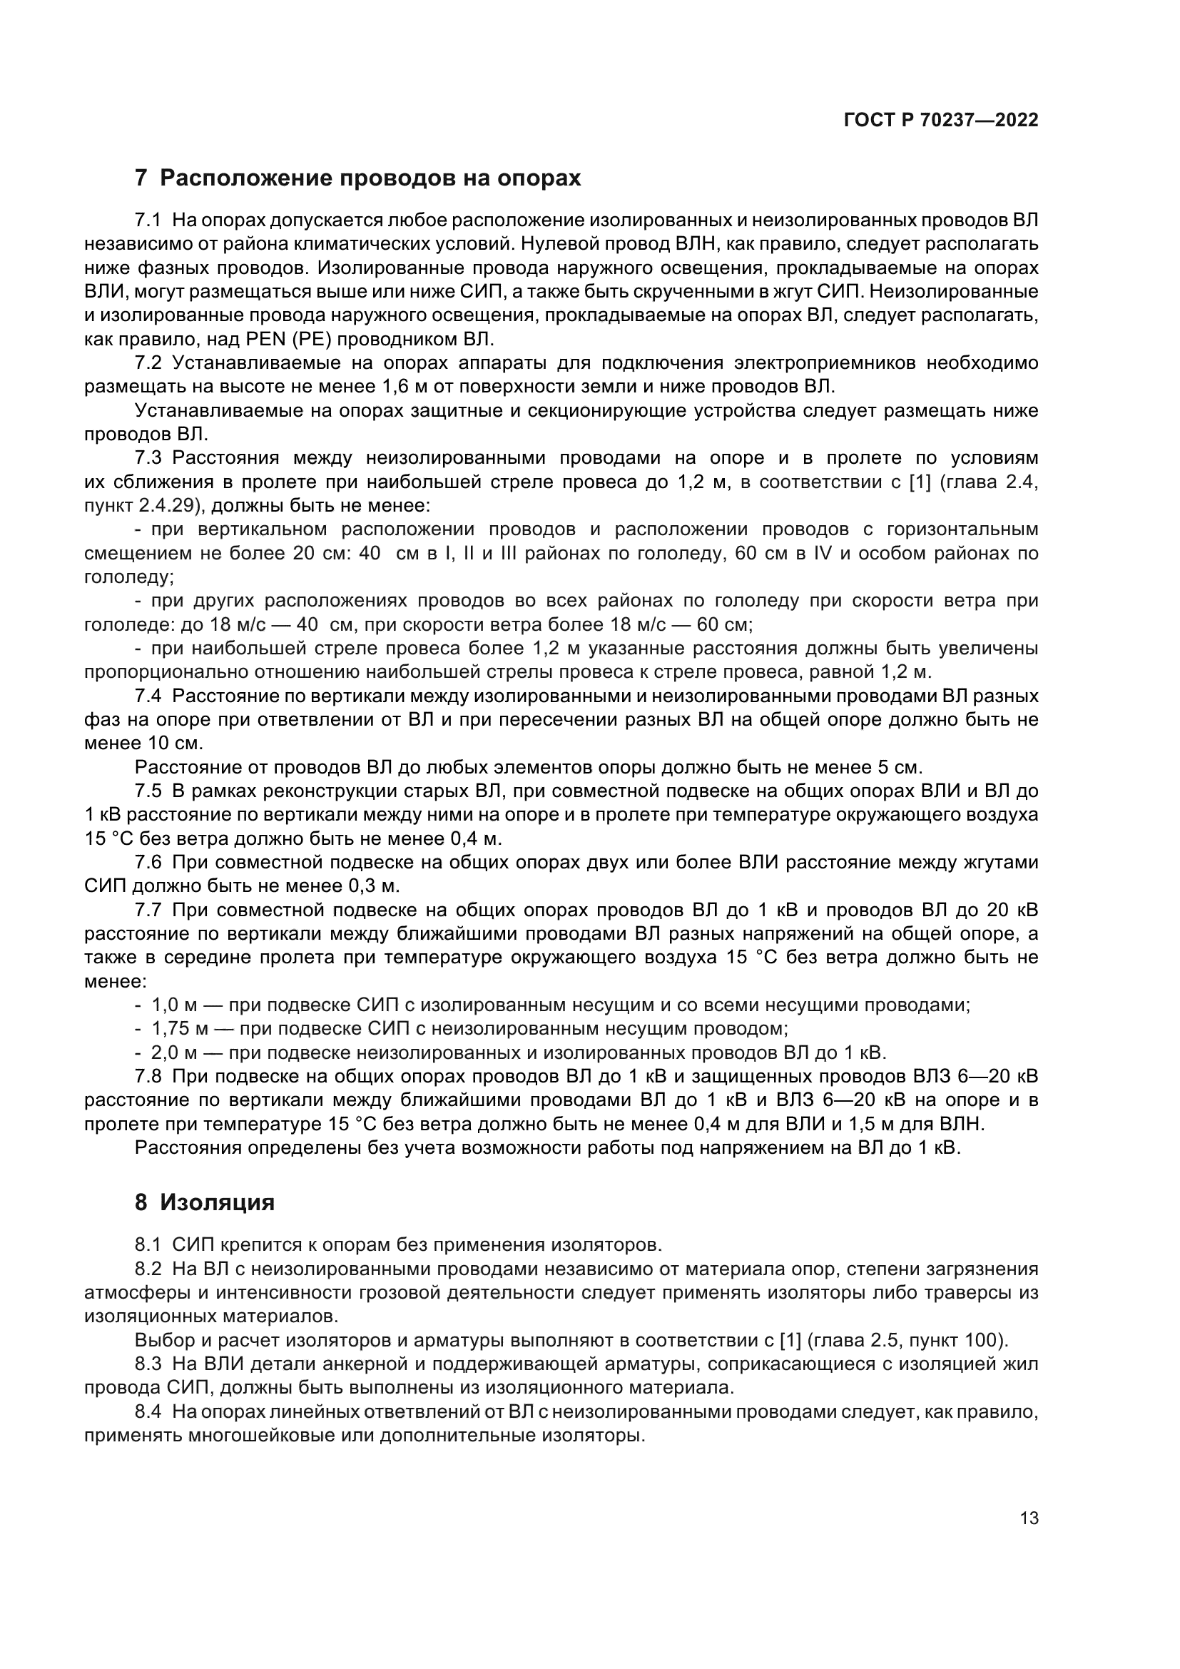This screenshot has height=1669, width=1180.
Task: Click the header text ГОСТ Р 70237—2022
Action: point(941,121)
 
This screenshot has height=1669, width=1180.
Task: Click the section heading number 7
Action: point(141,178)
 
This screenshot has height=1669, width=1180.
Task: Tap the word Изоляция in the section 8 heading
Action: point(218,1202)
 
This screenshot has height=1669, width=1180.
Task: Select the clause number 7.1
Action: point(148,220)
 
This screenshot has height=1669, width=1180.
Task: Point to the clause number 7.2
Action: point(148,362)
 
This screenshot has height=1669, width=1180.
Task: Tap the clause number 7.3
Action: point(148,458)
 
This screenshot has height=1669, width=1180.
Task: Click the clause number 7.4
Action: point(148,696)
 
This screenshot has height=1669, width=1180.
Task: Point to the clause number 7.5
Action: point(148,791)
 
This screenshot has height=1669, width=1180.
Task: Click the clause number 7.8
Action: point(148,1077)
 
